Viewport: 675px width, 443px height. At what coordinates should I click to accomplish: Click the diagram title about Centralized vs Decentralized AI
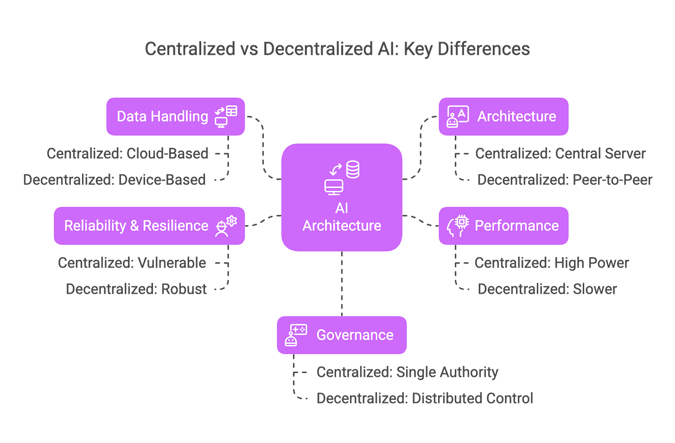point(337,49)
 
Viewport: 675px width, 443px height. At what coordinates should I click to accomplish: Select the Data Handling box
point(176,116)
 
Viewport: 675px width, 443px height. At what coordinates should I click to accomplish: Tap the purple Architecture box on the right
point(503,116)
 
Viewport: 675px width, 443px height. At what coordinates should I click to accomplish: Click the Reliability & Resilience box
point(149,226)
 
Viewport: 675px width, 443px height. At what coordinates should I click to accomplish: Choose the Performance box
point(503,226)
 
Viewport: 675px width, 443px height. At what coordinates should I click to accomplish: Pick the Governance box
point(342,335)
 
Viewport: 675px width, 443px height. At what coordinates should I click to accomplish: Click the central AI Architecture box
point(342,197)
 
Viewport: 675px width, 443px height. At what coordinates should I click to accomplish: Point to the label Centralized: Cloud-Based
point(127,153)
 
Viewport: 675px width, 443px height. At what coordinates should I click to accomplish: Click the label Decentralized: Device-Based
point(115,179)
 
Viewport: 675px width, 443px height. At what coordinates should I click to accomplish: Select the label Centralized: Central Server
point(560,153)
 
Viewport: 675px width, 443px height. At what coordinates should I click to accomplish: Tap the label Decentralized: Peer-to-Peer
point(564,179)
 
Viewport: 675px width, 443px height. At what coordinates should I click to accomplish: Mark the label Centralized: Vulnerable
point(132,263)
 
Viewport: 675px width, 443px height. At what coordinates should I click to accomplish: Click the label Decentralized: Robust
point(136,289)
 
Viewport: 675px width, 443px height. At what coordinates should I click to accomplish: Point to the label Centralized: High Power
point(551,263)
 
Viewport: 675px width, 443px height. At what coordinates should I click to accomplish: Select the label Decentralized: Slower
point(547,289)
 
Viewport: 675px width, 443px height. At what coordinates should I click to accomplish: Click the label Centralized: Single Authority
point(408,372)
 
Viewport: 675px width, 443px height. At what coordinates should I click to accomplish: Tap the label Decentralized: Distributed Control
point(425,398)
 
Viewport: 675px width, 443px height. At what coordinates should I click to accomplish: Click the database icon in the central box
point(353,170)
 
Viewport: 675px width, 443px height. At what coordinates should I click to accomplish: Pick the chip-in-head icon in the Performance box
point(458,226)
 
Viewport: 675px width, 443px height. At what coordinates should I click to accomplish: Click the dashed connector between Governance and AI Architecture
point(342,284)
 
